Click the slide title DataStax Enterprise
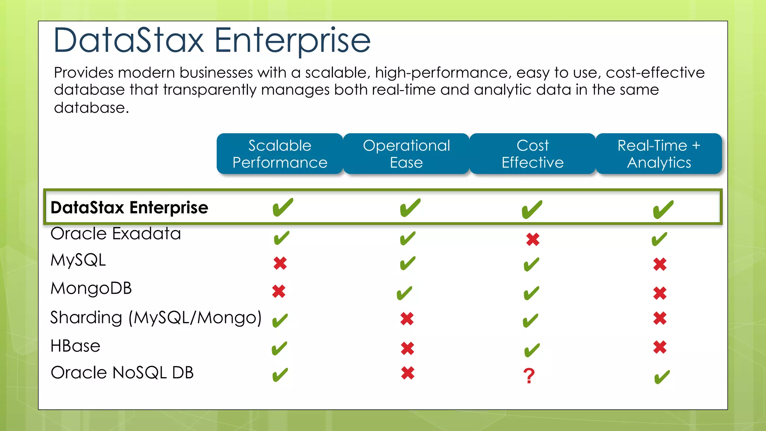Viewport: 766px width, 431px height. pos(212,40)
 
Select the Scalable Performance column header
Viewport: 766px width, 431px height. pos(280,154)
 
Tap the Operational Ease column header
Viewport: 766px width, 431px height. pos(406,154)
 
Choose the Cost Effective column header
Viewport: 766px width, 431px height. pos(533,154)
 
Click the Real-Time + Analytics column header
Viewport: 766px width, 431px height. pos(659,154)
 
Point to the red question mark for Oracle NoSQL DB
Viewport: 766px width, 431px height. pos(529,376)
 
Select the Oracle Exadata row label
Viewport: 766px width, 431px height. pos(116,234)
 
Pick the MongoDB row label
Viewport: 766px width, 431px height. pos(91,288)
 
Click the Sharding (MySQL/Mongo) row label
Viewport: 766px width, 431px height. pos(156,318)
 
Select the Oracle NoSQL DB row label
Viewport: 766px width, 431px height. pos(122,373)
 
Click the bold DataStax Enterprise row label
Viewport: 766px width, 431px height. pos(129,208)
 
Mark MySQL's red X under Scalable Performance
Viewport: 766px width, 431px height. pos(280,263)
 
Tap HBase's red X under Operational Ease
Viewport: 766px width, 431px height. pos(407,348)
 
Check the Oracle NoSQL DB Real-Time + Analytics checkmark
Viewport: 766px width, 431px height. pos(662,377)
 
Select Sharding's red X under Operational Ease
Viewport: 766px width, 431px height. pos(407,319)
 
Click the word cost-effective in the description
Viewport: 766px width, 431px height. pos(655,73)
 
